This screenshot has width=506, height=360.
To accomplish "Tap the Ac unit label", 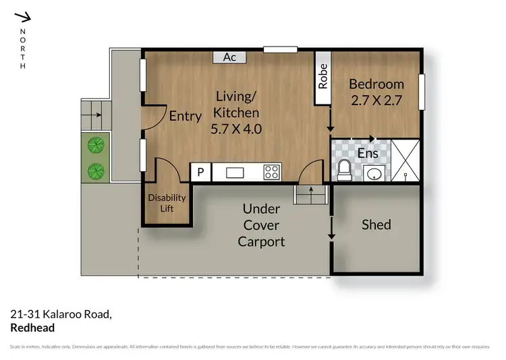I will click(x=229, y=57).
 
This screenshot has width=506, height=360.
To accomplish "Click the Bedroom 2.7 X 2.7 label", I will click(x=376, y=92).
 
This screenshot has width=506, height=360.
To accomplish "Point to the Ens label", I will click(x=368, y=154).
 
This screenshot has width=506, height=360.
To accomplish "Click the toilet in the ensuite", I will click(x=343, y=170).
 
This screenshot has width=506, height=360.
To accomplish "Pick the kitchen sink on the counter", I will click(x=235, y=173).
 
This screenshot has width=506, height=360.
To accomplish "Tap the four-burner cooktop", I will click(x=272, y=172).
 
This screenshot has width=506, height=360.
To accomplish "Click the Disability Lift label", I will click(x=162, y=203).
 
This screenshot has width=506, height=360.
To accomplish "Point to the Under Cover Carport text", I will click(x=261, y=225).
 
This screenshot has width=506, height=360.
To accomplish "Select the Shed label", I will click(x=376, y=224).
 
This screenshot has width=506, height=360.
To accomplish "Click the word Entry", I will click(x=185, y=117).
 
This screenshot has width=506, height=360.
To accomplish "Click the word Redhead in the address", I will click(x=32, y=328).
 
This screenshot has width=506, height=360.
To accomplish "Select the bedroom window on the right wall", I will click(x=422, y=92).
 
